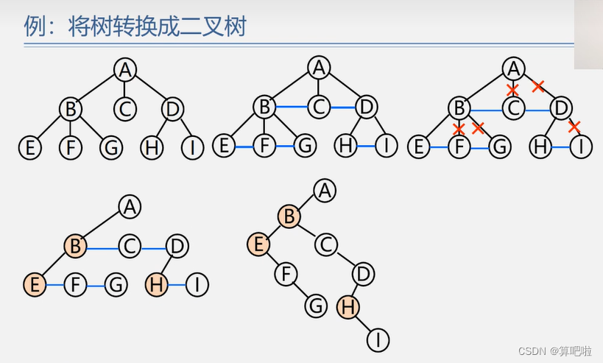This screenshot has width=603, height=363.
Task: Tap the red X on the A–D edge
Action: [x=537, y=86]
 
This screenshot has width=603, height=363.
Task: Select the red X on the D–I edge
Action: [x=575, y=126]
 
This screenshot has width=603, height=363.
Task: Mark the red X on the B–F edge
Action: [x=459, y=128]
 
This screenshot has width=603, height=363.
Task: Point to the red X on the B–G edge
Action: [x=477, y=128]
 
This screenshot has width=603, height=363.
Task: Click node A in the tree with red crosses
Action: [x=513, y=69]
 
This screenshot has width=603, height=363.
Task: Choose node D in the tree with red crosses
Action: [x=560, y=109]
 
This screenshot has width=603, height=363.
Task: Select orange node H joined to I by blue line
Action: [x=157, y=283]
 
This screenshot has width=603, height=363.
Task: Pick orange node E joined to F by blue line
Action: [x=34, y=283]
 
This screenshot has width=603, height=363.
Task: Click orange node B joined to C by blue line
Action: [x=75, y=245]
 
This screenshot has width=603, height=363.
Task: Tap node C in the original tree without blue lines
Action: [x=125, y=109]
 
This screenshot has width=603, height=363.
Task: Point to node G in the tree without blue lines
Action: [x=111, y=147]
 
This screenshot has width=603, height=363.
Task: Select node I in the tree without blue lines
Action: [x=193, y=147]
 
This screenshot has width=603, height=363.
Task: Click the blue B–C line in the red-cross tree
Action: [x=486, y=110]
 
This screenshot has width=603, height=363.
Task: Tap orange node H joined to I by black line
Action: [x=348, y=307]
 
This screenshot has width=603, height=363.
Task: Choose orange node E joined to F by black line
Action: [x=258, y=243]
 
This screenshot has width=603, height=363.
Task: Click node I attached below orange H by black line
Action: [x=378, y=339]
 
